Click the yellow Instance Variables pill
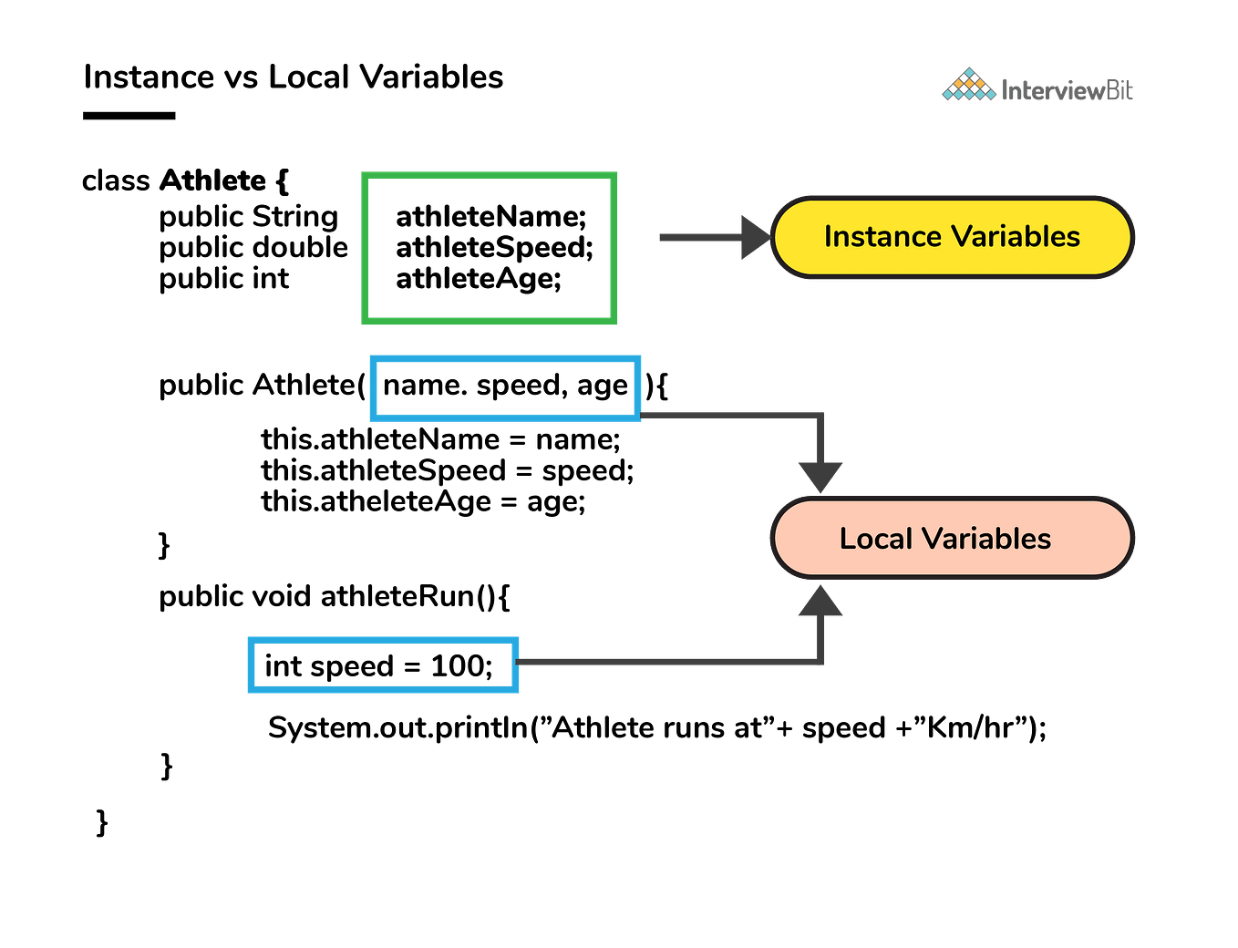click(x=952, y=237)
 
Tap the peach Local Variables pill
click(x=952, y=538)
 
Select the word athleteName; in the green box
click(x=490, y=217)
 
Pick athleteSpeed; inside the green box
click(x=494, y=248)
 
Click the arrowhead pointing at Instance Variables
click(x=757, y=237)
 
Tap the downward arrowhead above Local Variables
click(x=820, y=477)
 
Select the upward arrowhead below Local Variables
click(x=820, y=600)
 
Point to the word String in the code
click(x=295, y=217)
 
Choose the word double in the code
click(x=300, y=247)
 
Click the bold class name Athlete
click(x=212, y=180)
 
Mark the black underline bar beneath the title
click(x=129, y=116)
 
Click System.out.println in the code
click(x=398, y=727)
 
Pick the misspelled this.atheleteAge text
click(x=376, y=501)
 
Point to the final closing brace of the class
click(x=102, y=823)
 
